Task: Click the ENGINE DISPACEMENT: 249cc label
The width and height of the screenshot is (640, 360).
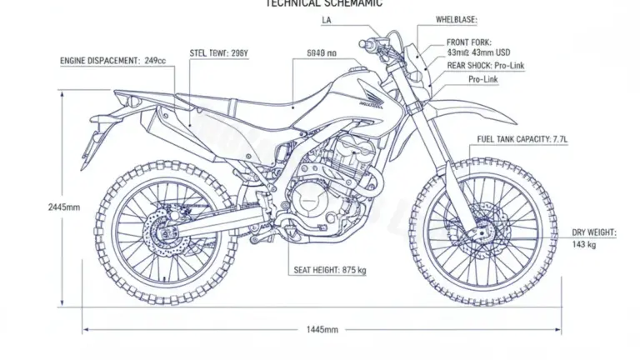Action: [112, 61]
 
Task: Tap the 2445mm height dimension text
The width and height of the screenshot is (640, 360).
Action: [64, 207]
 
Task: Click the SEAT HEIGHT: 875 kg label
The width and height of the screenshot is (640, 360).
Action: [330, 270]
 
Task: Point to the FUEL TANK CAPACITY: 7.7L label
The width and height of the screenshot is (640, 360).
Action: [522, 139]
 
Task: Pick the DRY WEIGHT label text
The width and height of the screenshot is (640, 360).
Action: [594, 232]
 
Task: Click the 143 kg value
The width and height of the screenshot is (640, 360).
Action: [584, 245]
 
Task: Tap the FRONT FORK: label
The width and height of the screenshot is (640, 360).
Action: [469, 42]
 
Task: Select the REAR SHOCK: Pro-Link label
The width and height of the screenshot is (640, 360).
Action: [486, 65]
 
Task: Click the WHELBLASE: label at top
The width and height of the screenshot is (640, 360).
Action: [457, 19]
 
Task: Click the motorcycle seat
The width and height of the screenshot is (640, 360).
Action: [267, 107]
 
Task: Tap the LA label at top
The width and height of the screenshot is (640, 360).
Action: [326, 19]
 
